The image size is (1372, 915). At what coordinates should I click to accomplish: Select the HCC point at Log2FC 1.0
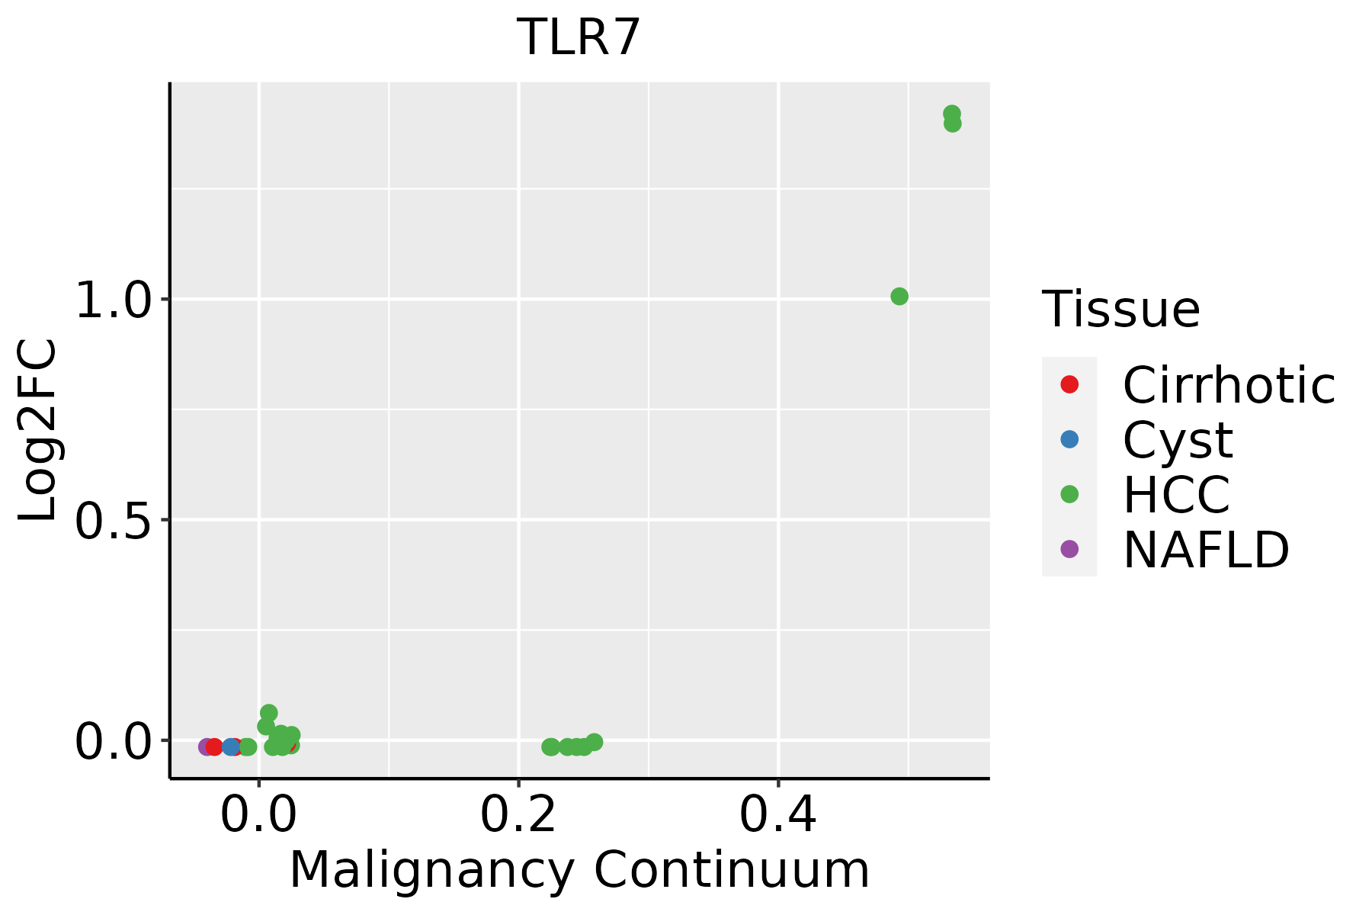[x=899, y=297]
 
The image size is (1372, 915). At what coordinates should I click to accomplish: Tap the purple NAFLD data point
[x=206, y=746]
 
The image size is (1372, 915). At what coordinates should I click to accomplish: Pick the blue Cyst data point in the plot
[x=231, y=746]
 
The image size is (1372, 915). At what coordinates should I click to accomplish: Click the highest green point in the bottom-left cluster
[x=268, y=713]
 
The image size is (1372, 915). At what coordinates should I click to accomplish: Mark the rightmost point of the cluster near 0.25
[x=595, y=742]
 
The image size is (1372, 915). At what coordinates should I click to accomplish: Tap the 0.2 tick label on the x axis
[x=518, y=816]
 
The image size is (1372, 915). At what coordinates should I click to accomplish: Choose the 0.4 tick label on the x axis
[x=778, y=816]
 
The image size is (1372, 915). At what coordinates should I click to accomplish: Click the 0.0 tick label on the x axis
[x=258, y=816]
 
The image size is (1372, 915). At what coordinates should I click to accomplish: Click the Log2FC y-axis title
[x=38, y=430]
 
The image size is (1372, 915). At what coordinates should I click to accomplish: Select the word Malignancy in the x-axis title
[x=431, y=871]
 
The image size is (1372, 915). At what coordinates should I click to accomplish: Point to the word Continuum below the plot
[x=732, y=871]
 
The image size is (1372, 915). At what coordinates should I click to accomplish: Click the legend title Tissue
[x=1120, y=310]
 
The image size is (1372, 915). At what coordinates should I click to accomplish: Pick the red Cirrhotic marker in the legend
[x=1069, y=384]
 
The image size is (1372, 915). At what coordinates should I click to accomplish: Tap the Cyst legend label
[x=1178, y=440]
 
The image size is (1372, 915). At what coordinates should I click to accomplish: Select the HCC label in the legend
[x=1176, y=495]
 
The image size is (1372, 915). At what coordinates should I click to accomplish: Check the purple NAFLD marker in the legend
[x=1069, y=548]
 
